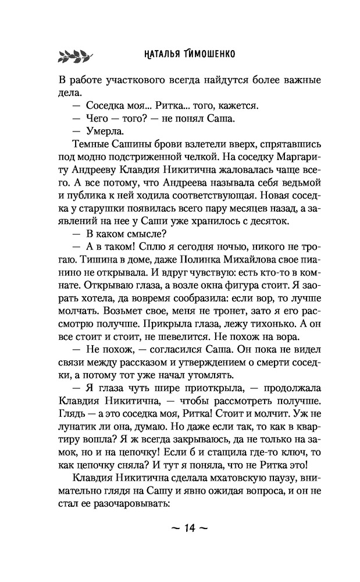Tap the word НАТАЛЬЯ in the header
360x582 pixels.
[167, 55]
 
